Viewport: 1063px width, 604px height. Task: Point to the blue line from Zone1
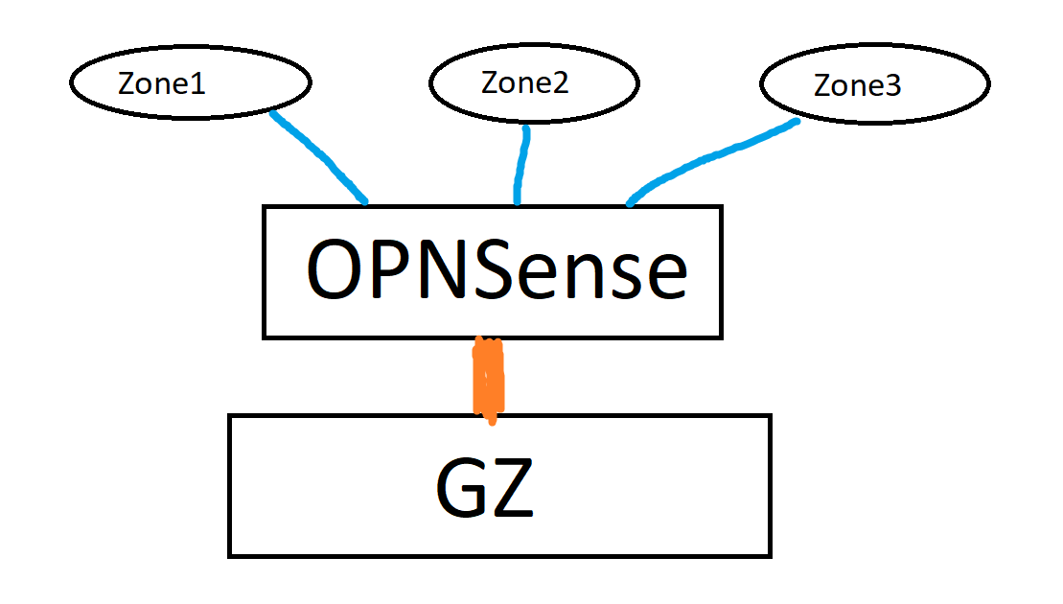click(318, 156)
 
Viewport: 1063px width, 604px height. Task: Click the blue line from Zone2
click(521, 163)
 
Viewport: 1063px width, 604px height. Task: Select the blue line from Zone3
click(709, 157)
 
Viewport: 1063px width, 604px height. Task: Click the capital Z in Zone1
click(127, 83)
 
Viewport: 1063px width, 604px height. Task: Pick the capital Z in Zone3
click(822, 86)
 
